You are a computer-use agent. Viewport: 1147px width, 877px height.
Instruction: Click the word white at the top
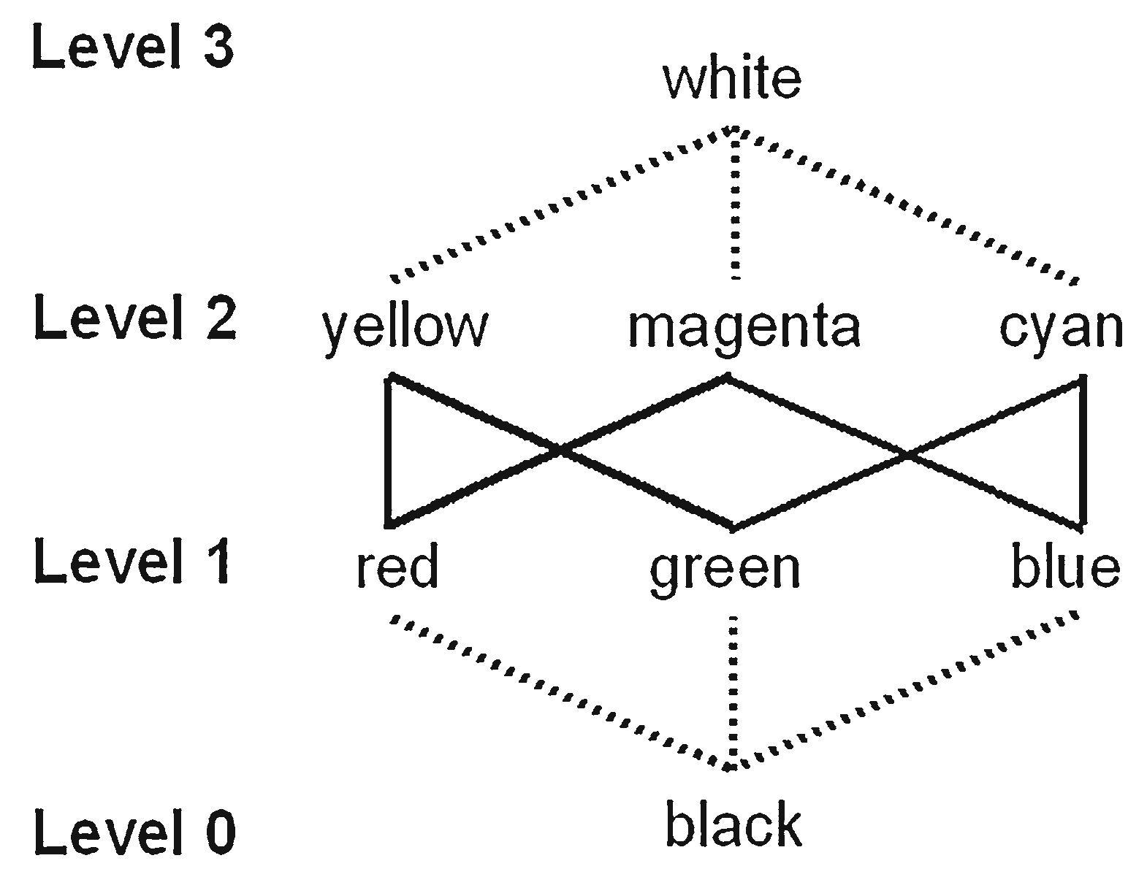click(x=731, y=79)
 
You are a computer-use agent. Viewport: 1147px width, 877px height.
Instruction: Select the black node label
click(x=733, y=824)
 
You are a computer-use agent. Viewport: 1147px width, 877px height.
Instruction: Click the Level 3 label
click(x=133, y=50)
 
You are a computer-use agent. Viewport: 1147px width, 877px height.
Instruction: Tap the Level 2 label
click(x=135, y=318)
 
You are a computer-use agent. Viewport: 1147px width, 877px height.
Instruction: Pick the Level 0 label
click(x=135, y=832)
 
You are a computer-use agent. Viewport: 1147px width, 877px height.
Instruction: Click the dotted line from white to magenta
click(x=734, y=208)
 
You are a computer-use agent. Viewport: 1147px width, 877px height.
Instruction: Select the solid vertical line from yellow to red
click(x=389, y=450)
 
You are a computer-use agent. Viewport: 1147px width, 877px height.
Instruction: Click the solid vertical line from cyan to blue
click(x=1083, y=450)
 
